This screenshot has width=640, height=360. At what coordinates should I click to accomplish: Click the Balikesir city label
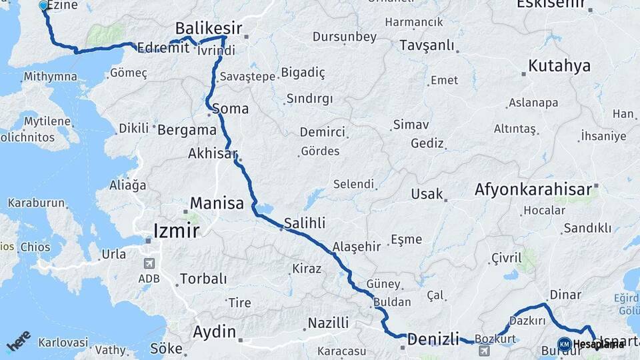(x=209, y=28)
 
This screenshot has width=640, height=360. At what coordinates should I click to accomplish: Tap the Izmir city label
(x=176, y=231)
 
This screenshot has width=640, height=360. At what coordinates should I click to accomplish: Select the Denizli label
(x=433, y=339)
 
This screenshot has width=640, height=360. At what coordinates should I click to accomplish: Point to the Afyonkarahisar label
(x=533, y=190)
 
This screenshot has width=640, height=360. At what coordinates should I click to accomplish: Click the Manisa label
(x=217, y=203)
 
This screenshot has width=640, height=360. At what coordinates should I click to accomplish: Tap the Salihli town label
(x=305, y=223)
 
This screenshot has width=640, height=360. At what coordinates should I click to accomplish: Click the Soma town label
(x=230, y=109)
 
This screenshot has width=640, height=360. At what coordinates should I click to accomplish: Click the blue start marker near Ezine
(x=44, y=6)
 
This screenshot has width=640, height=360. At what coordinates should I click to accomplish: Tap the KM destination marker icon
(x=565, y=344)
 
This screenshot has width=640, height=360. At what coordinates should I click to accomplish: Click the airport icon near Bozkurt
(x=484, y=351)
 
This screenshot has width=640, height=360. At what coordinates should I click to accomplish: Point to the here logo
(x=19, y=341)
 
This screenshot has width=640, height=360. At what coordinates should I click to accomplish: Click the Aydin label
(x=214, y=331)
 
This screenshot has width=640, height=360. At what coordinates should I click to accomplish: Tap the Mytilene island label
(x=47, y=121)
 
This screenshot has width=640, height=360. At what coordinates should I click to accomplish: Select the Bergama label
(x=187, y=129)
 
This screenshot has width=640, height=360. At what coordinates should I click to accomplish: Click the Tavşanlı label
(x=427, y=45)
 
